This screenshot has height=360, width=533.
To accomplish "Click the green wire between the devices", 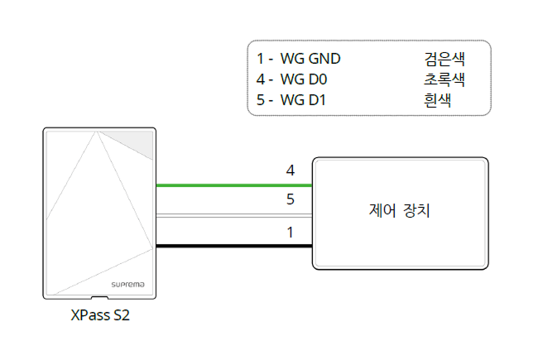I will point(232,185).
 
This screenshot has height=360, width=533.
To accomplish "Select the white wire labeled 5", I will point(232,216).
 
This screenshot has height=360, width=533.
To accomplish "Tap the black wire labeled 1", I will point(232,246).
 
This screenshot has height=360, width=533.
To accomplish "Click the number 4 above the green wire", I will point(291,170).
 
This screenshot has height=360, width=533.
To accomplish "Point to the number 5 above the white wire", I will point(291,200).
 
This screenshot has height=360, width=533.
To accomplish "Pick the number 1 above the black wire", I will point(291,232).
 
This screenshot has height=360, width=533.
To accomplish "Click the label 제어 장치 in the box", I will point(401,211).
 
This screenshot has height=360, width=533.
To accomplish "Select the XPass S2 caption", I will point(99,315).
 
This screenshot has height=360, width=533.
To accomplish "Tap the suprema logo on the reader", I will point(128,284).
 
